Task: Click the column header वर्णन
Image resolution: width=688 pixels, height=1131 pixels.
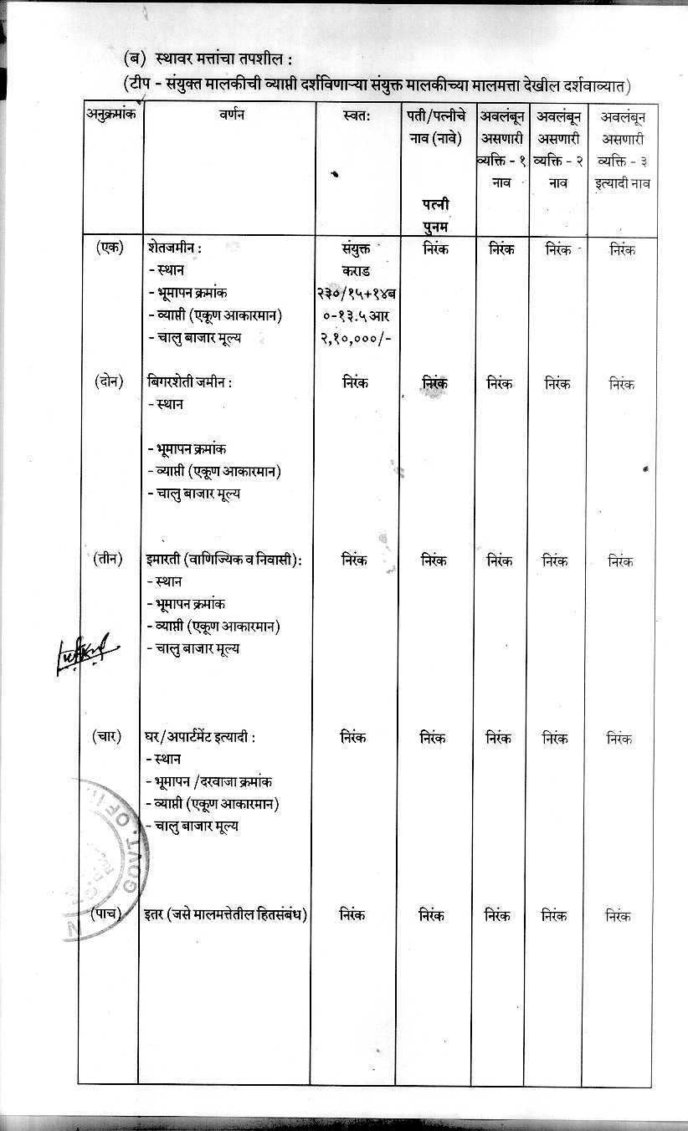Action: (x=228, y=115)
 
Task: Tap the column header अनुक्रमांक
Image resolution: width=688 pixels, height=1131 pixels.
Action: (x=110, y=115)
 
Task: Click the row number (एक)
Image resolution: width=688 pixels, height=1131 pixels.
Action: (x=109, y=248)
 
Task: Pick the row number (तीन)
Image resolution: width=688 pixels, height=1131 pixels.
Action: (x=109, y=559)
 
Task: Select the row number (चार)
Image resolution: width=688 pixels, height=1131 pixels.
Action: (x=109, y=737)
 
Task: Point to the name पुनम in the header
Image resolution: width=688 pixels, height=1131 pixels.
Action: (x=435, y=227)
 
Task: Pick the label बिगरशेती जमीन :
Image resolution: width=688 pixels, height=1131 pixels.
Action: (x=189, y=382)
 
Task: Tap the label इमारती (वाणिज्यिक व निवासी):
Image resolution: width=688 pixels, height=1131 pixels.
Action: (x=223, y=560)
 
